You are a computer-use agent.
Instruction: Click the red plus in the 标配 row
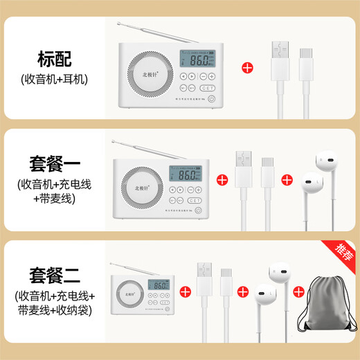pyautogui.click(x=246, y=69)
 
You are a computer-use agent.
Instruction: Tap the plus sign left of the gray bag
pyautogui.click(x=298, y=291)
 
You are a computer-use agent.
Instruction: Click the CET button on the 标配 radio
pyautogui.click(x=206, y=89)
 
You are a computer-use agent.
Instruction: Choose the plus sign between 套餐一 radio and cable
pyautogui.click(x=223, y=179)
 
